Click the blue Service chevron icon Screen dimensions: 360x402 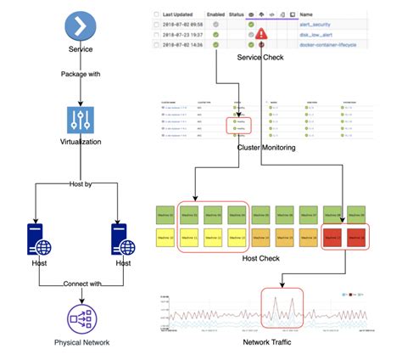[81, 26]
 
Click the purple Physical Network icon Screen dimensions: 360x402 [81, 319]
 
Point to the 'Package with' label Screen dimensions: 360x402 [81, 75]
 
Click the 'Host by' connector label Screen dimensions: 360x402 [81, 184]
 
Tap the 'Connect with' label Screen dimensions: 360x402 [81, 283]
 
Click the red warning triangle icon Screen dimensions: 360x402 [261, 36]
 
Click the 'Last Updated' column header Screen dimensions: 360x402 [181, 14]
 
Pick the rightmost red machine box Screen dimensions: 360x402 [356, 238]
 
